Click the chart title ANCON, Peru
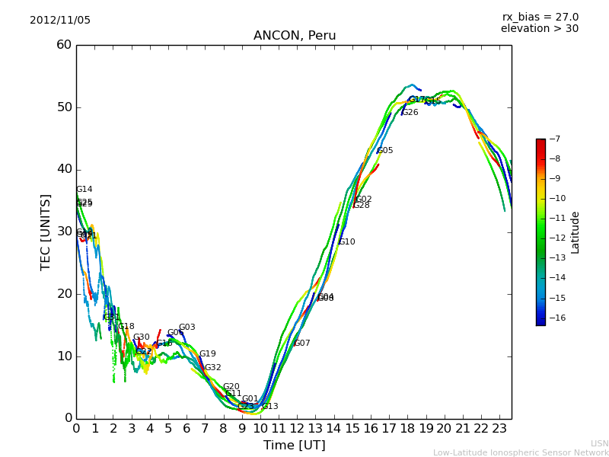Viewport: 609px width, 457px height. [295, 36]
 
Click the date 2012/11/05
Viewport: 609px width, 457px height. [60, 20]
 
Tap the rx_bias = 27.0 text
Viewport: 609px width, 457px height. [540, 18]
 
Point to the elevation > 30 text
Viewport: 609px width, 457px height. [539, 29]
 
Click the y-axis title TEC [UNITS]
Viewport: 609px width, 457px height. [46, 232]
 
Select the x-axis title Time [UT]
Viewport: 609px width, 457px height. [295, 445]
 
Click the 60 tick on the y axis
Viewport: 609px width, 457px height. [63, 45]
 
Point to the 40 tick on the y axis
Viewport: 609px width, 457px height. [63, 169]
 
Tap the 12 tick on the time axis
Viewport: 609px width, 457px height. [297, 428]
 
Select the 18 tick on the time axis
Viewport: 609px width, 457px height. [407, 428]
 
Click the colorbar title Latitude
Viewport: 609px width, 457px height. [576, 232]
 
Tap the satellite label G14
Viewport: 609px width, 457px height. [84, 190]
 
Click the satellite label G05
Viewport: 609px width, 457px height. [385, 151]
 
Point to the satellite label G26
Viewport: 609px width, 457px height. [410, 113]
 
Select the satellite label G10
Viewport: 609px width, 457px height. [347, 242]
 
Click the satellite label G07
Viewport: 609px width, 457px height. [302, 344]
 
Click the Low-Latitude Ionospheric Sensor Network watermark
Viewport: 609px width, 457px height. [521, 452]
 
